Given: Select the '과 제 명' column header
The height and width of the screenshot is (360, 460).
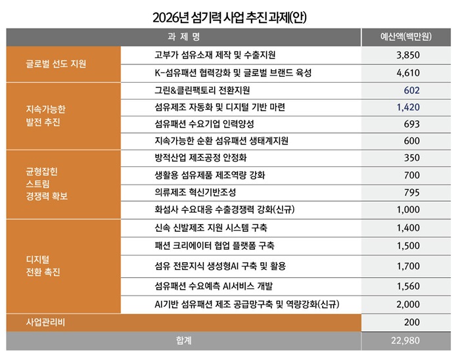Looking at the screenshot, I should [x=185, y=37].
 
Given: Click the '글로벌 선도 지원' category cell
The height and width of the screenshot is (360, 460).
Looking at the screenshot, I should [x=56, y=64].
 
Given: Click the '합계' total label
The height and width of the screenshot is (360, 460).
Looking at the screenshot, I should [x=185, y=342].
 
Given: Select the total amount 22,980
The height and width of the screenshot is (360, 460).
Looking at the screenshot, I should [x=404, y=342].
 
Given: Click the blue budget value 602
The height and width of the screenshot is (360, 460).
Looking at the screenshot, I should [x=412, y=90].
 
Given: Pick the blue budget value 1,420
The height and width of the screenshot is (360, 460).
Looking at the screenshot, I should [x=408, y=106].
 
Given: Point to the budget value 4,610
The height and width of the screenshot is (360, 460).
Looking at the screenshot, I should [x=408, y=72].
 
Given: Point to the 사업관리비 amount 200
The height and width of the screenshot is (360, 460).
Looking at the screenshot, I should [x=412, y=323].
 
